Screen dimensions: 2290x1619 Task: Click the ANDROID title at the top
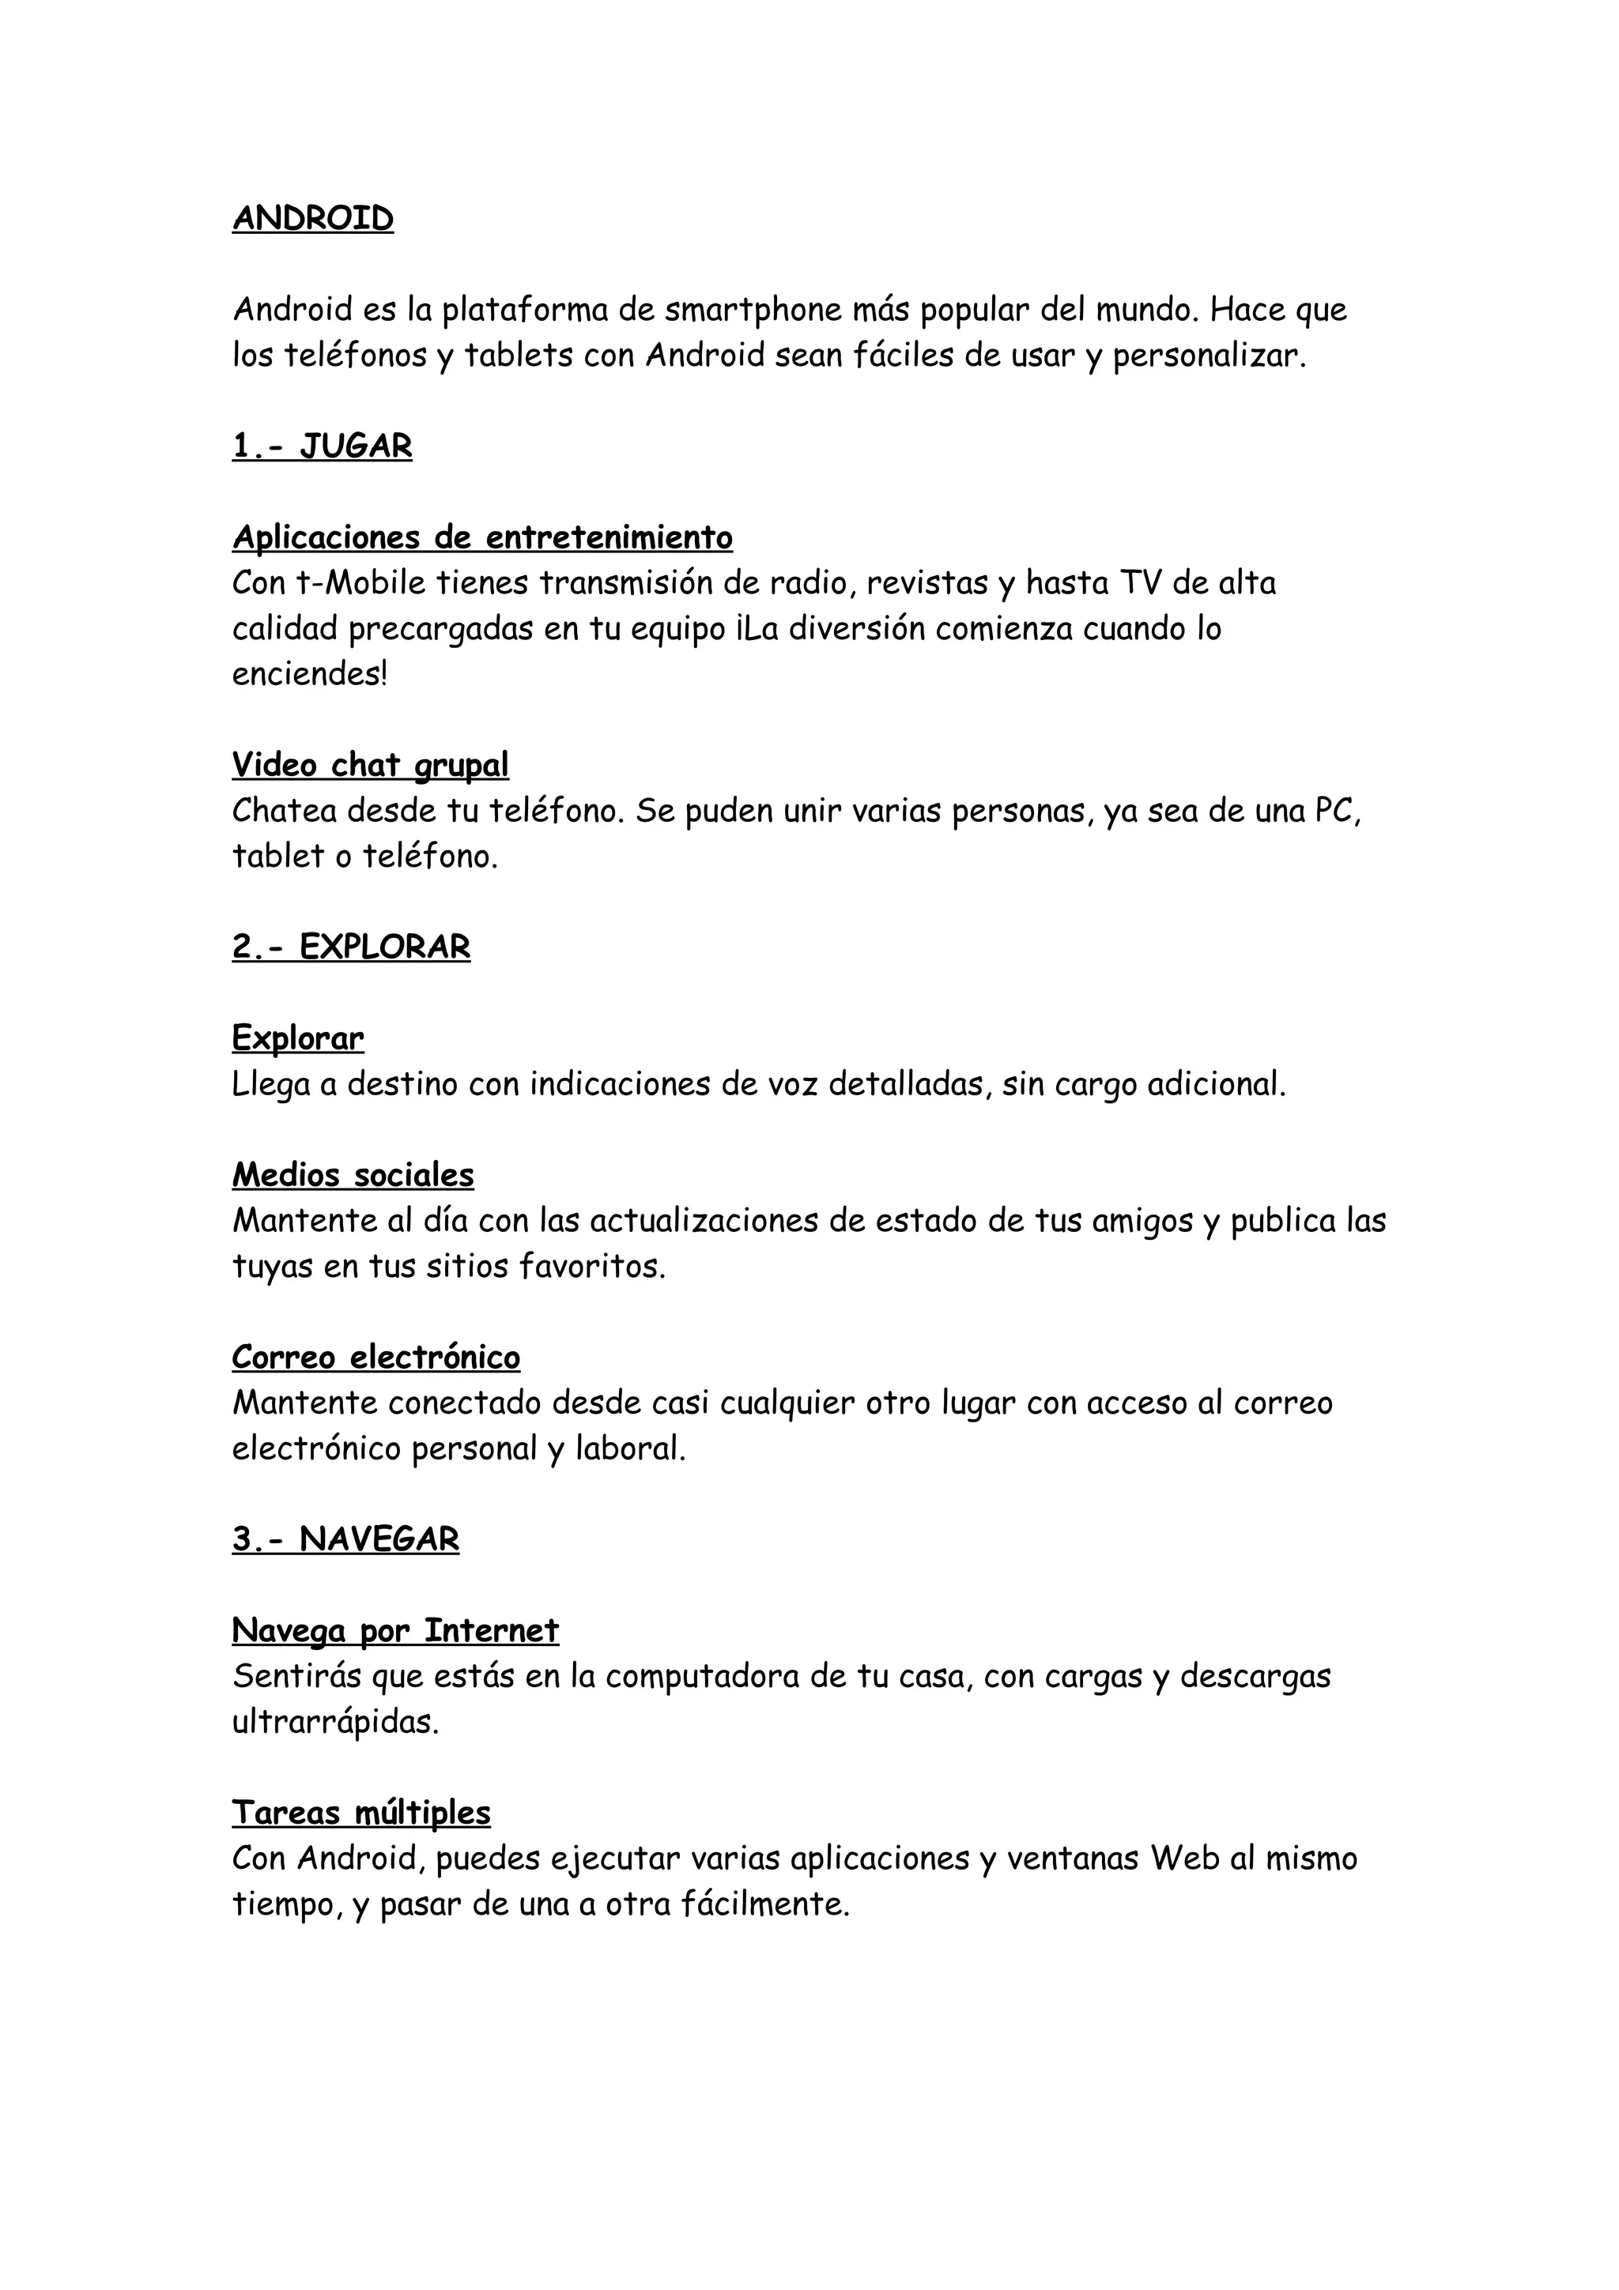click(313, 218)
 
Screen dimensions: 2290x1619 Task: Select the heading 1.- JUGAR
click(323, 446)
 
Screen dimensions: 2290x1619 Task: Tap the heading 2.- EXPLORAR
click(351, 947)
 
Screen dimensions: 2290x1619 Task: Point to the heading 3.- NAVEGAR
click(345, 1539)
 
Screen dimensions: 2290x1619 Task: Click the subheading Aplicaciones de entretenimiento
click(483, 537)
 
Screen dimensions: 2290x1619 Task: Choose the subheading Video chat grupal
click(370, 765)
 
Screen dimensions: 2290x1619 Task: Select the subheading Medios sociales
click(353, 1175)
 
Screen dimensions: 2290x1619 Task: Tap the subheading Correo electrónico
click(376, 1358)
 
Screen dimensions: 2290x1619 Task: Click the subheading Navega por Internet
click(395, 1631)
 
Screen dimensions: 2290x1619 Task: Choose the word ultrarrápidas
click(335, 1723)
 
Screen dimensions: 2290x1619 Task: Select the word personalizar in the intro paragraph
click(1208, 356)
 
